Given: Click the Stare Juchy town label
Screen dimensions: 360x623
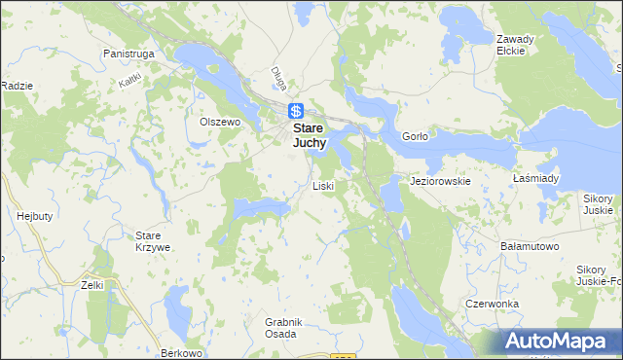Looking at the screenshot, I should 311,134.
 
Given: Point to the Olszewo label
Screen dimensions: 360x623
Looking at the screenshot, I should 219,122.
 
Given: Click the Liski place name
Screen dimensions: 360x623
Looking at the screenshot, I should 323,186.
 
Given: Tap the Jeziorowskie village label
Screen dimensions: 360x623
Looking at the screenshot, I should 441,181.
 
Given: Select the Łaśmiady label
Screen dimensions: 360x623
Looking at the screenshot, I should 535,179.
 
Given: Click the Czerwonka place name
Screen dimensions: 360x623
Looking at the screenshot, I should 492,304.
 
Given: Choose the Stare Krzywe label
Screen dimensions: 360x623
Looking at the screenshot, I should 153,242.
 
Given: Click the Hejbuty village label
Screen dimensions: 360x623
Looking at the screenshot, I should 34,216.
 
